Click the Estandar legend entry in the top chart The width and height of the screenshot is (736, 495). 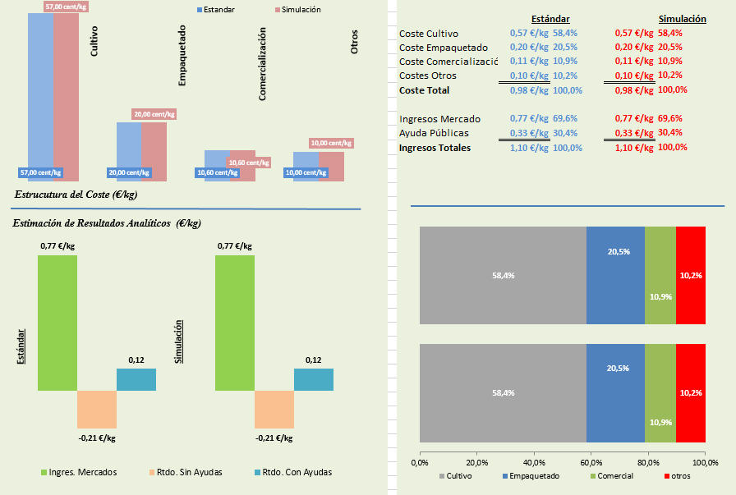coord(218,10)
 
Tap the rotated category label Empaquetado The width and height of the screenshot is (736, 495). coord(182,56)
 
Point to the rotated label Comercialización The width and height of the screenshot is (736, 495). coord(263,63)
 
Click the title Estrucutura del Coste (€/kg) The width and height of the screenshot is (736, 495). coord(76,195)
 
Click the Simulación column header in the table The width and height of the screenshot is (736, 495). coord(683,18)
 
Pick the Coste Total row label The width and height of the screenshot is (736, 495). coord(424,89)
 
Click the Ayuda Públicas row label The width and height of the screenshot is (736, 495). coord(435,133)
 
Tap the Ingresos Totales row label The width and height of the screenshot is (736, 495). coord(435,148)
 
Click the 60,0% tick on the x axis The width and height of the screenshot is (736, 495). coord(591,463)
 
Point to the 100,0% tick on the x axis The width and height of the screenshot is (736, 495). coord(705,463)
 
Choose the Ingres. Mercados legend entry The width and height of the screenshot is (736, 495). coord(82,472)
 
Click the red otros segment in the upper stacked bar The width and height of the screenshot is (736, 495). coord(691,275)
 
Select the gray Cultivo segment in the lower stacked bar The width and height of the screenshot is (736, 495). coord(503,393)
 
